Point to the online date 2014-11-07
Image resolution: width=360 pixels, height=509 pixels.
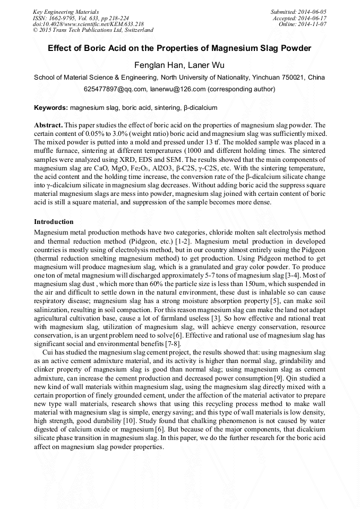coord(316,24)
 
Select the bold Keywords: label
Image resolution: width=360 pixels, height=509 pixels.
coord(51,108)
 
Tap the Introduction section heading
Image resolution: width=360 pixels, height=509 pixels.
coord(54,221)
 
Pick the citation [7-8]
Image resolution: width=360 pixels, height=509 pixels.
coord(169,344)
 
